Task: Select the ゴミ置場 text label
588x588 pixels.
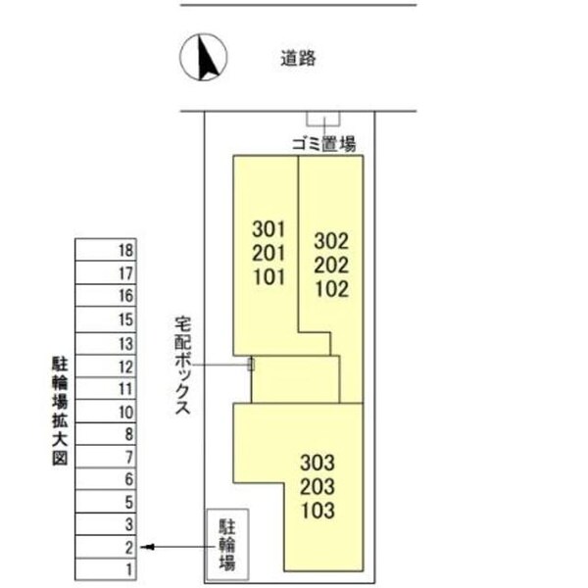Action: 323,143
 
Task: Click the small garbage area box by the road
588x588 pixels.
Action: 323,118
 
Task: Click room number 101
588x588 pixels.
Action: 268,276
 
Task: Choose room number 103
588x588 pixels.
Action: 318,510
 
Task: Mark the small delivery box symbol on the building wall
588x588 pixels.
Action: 251,364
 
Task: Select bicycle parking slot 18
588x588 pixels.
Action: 124,251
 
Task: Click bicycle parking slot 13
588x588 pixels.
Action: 124,344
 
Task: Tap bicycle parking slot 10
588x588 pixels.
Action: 124,412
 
